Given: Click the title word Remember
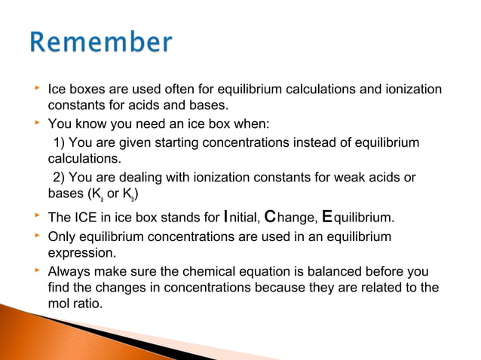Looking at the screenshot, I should coord(101,43).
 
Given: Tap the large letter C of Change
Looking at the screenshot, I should coord(272,218).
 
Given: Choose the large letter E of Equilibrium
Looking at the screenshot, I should coord(326,218).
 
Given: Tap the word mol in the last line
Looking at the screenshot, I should coord(60,305).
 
